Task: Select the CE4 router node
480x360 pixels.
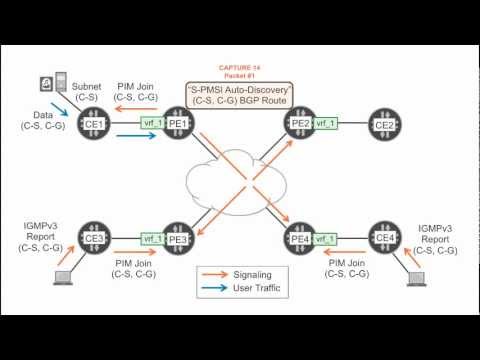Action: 383,239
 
